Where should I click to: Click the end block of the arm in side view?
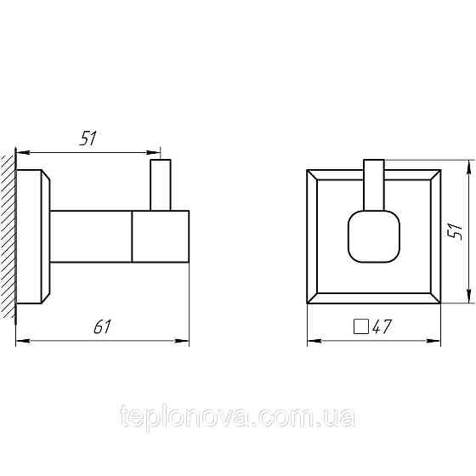pyautogui.click(x=160, y=235)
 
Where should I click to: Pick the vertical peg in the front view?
pyautogui.click(x=374, y=182)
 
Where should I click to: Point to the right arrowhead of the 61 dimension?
pyautogui.click(x=184, y=342)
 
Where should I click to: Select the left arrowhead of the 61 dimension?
pyautogui.click(x=22, y=342)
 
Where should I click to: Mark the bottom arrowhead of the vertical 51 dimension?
pyautogui.click(x=468, y=298)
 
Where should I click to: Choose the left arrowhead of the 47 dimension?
pyautogui.click(x=311, y=343)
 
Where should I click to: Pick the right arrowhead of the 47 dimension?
pyautogui.click(x=437, y=343)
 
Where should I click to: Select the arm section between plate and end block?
pyautogui.click(x=91, y=235)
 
